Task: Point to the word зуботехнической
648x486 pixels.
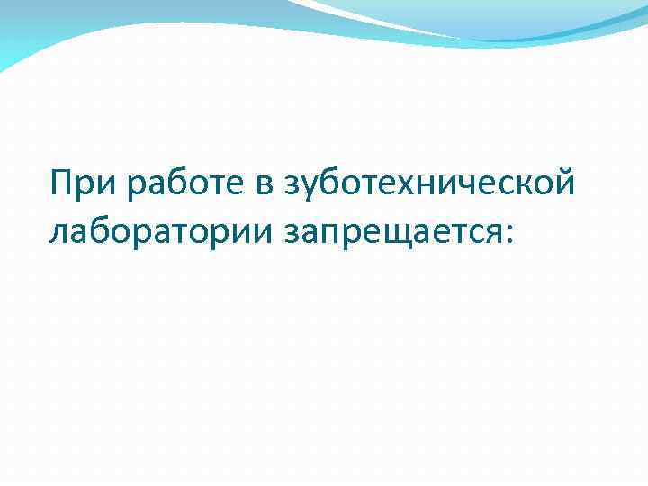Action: coord(429,184)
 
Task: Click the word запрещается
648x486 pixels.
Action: coord(393,231)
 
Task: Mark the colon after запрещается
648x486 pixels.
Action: coord(510,233)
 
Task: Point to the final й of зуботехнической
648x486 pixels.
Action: coord(562,184)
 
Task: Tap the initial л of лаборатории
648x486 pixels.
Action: coord(60,233)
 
